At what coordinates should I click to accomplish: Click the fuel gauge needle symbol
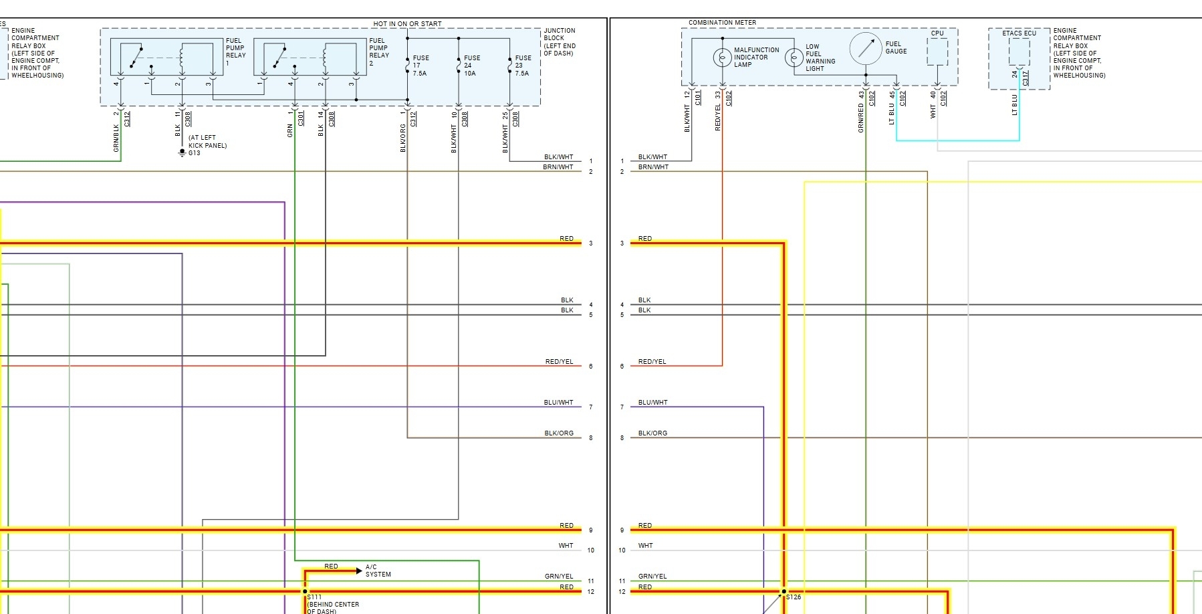coord(866,48)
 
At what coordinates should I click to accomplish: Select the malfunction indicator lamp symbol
coord(722,58)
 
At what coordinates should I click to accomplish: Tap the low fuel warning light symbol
coord(794,58)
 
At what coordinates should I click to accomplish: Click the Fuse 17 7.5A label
coord(420,66)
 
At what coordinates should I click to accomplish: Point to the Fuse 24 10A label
coord(472,66)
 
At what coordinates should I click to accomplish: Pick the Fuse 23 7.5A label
coord(523,66)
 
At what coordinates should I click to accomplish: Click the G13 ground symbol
coord(182,153)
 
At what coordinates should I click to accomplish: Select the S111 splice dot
coord(305,591)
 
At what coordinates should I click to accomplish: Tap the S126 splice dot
coord(784,591)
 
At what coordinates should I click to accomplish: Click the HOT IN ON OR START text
coord(407,24)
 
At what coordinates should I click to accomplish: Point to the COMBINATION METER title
coord(722,23)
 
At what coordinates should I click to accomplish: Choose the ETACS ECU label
coord(1019,33)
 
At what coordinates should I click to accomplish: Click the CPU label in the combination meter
coord(937,33)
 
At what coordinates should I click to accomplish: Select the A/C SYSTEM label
coord(378,571)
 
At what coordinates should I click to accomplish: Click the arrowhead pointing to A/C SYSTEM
coord(359,571)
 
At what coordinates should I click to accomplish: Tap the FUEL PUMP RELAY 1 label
coord(235,52)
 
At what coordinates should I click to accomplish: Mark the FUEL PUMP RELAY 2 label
coord(379,52)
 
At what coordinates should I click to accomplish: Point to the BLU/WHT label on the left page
coord(558,403)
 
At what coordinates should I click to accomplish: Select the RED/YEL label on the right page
coord(652,362)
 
